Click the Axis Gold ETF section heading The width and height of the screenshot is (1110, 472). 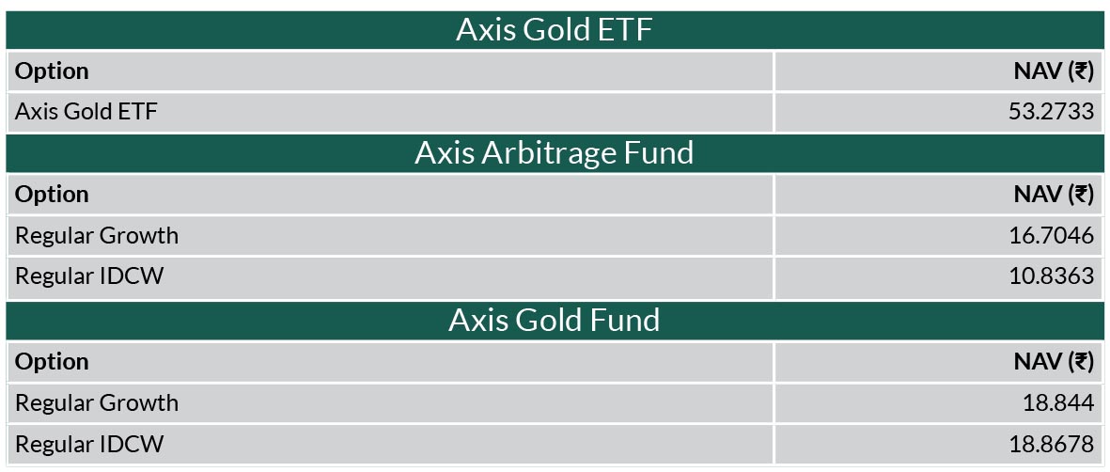pyautogui.click(x=554, y=30)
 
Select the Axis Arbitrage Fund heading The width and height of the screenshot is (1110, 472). pyautogui.click(x=554, y=153)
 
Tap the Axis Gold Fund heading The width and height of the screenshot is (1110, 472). pyautogui.click(x=554, y=321)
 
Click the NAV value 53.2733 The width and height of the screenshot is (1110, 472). pyautogui.click(x=1051, y=112)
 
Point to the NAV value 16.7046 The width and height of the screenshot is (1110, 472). pyautogui.click(x=1051, y=235)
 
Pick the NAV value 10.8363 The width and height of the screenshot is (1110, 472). pyautogui.click(x=1051, y=275)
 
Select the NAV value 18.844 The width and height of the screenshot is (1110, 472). pyautogui.click(x=1058, y=402)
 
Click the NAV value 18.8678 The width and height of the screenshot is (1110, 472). pyautogui.click(x=1051, y=445)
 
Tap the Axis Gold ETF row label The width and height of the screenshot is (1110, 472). pyautogui.click(x=86, y=112)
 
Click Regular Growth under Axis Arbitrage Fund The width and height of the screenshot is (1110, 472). pyautogui.click(x=97, y=235)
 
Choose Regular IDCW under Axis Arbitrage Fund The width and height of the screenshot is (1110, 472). pyautogui.click(x=89, y=275)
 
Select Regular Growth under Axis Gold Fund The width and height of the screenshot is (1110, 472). pyautogui.click(x=97, y=402)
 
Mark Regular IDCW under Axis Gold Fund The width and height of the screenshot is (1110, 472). pyautogui.click(x=89, y=445)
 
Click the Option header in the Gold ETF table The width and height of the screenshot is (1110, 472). pyautogui.click(x=53, y=71)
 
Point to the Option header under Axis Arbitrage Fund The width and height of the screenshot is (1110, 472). pyautogui.click(x=53, y=195)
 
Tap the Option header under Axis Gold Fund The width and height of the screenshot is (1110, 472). pyautogui.click(x=53, y=361)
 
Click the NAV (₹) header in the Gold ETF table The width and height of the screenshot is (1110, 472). pyautogui.click(x=1054, y=71)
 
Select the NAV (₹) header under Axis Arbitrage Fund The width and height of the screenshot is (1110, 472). pyautogui.click(x=1054, y=195)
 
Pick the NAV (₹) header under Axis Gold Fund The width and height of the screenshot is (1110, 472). pyautogui.click(x=1054, y=361)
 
